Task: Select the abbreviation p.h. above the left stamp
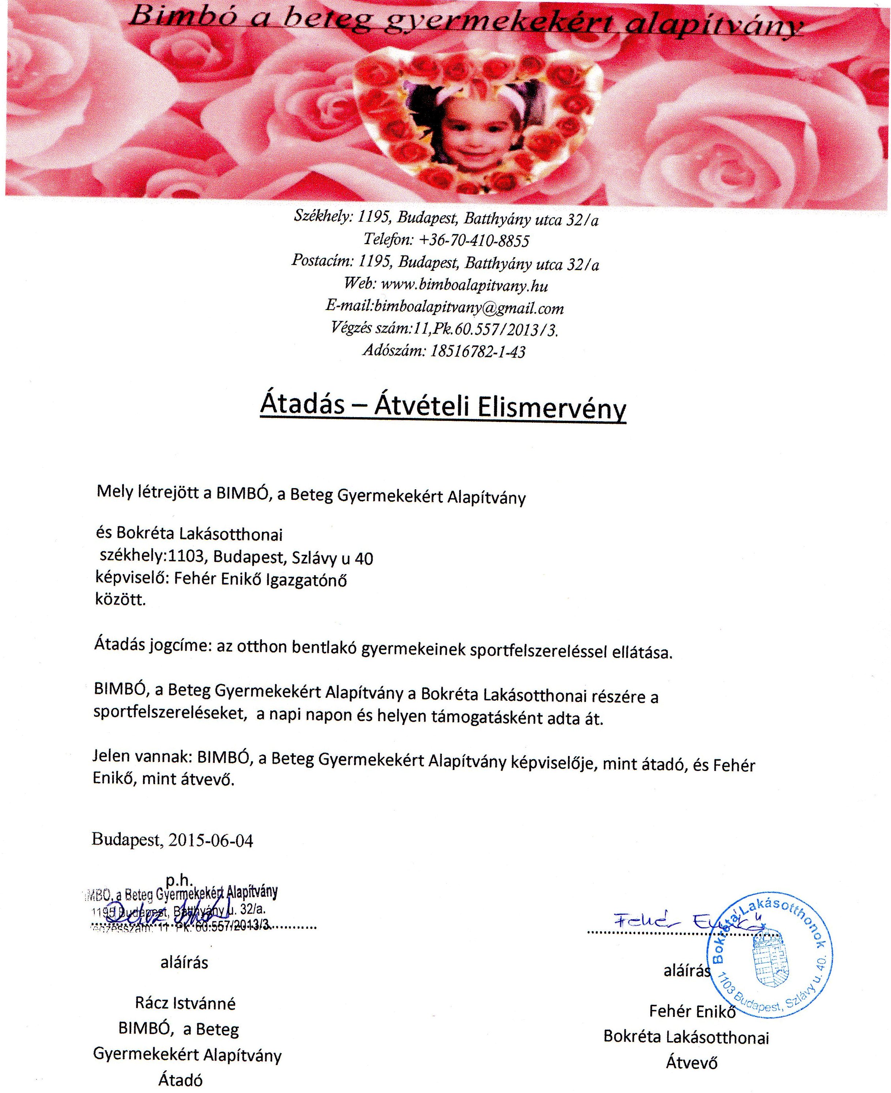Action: point(179,880)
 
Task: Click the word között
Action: point(120,600)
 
